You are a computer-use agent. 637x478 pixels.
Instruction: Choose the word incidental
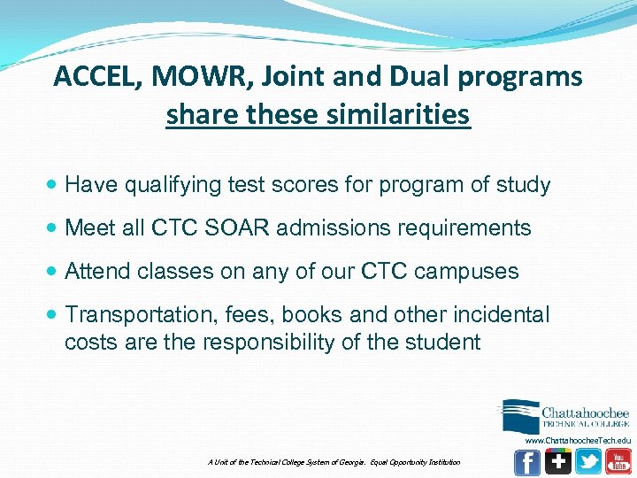[x=500, y=314]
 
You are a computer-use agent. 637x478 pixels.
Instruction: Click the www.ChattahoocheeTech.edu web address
[x=578, y=440]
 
